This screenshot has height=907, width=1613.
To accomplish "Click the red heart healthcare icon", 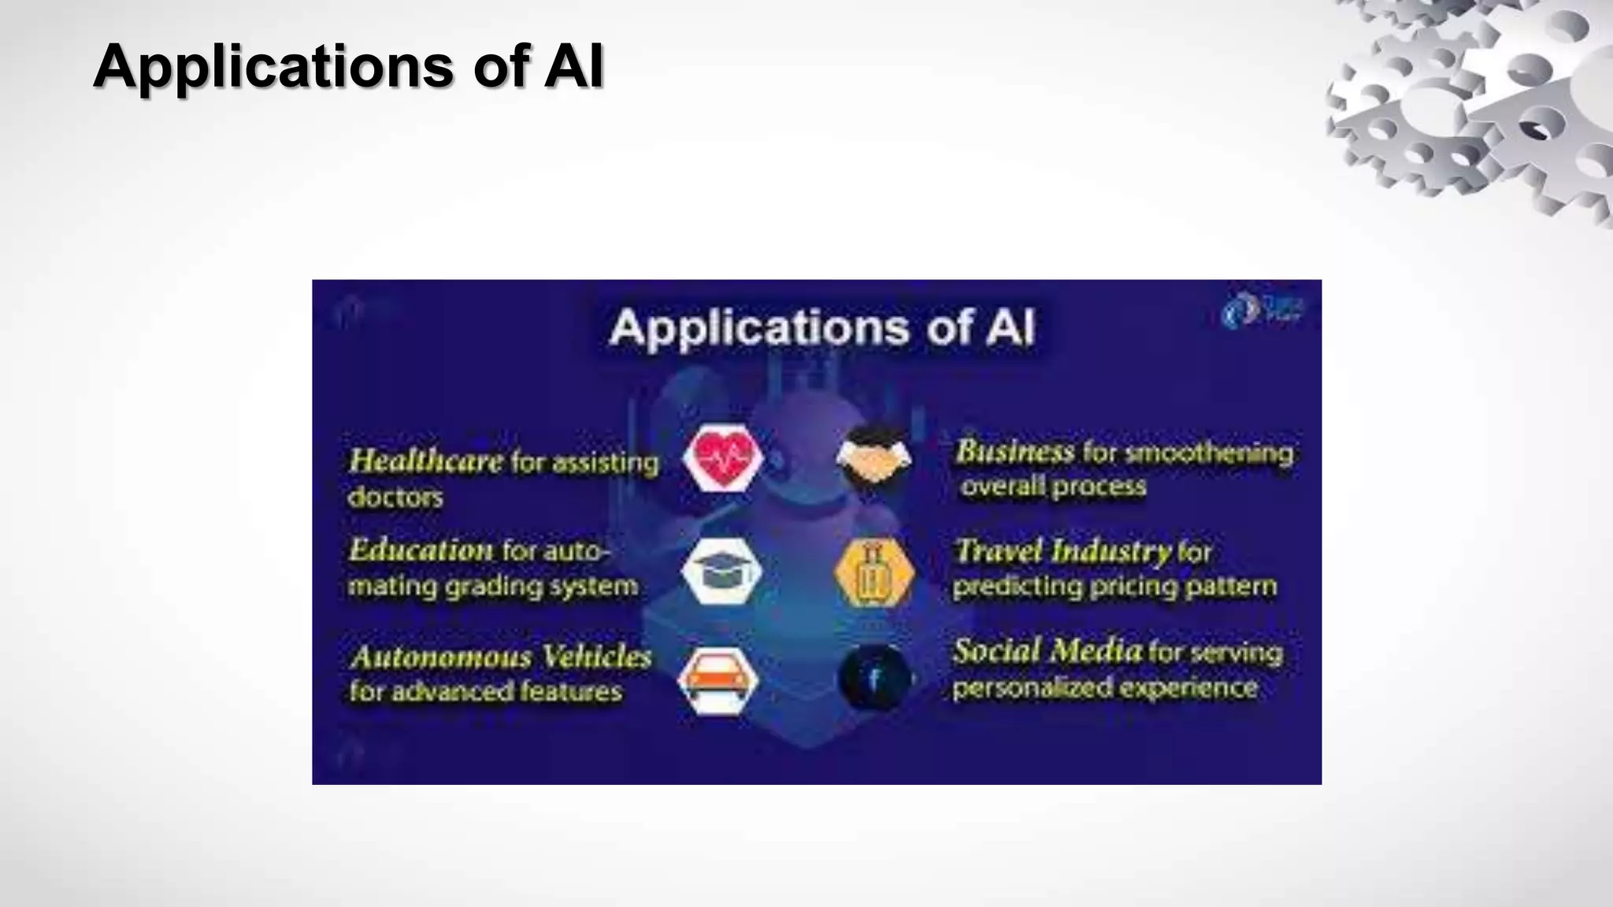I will pos(722,457).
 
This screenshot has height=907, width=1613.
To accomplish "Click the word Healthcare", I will pos(425,461).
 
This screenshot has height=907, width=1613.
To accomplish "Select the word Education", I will pos(421,550).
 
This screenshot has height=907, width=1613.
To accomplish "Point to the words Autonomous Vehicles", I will pos(501,656).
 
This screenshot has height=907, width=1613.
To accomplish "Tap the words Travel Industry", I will pos(1062,550).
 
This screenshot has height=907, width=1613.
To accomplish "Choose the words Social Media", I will pos(1047,650).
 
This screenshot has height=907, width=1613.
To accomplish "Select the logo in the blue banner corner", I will pos(1262,310).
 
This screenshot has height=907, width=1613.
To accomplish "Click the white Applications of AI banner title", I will pos(821,327).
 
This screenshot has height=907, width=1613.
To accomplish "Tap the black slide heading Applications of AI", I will pos(348,66).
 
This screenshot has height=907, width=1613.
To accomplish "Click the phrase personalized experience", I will pos(1104,687).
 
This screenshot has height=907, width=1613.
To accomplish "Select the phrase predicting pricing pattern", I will pos(1114,587).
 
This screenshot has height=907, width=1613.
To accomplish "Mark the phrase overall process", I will pos(1053,487).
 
